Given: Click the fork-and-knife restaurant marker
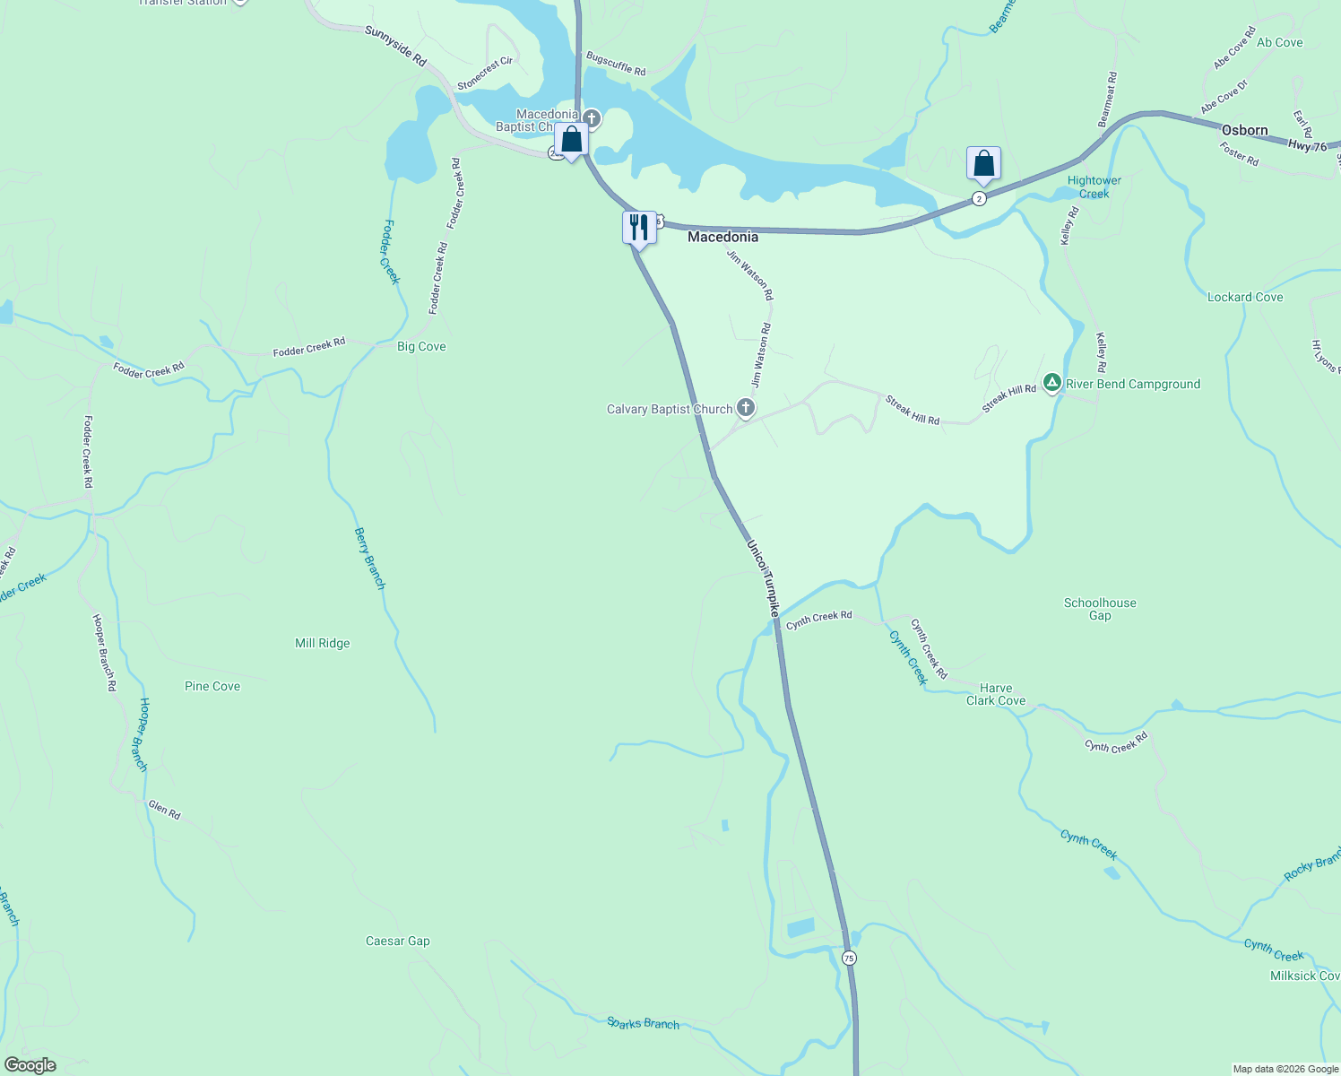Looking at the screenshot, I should pyautogui.click(x=639, y=227).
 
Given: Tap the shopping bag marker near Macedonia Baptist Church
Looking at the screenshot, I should pyautogui.click(x=571, y=140).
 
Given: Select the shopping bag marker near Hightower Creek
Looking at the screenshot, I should pyautogui.click(x=983, y=164).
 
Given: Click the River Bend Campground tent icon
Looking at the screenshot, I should pyautogui.click(x=1052, y=383).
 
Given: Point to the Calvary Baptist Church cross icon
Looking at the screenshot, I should pyautogui.click(x=745, y=409).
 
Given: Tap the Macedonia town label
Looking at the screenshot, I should pyautogui.click(x=722, y=237).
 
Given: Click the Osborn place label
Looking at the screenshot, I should pyautogui.click(x=1244, y=131).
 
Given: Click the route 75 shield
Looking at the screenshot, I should pyautogui.click(x=849, y=958).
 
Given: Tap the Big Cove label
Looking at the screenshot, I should pyautogui.click(x=421, y=346).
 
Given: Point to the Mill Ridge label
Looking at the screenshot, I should pyautogui.click(x=323, y=643).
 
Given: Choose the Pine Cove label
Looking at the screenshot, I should pyautogui.click(x=212, y=686).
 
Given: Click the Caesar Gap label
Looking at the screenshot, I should pyautogui.click(x=398, y=941).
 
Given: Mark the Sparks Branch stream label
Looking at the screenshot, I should pyautogui.click(x=643, y=1023).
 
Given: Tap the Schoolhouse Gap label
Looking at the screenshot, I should pyautogui.click(x=1100, y=609).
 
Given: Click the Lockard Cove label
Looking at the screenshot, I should pyautogui.click(x=1245, y=297).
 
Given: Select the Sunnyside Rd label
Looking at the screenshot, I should pyautogui.click(x=395, y=45).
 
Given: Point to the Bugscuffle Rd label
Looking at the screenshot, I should pyautogui.click(x=616, y=64).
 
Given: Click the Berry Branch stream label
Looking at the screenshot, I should pyautogui.click(x=369, y=558).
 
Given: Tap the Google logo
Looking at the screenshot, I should pyautogui.click(x=30, y=1065).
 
